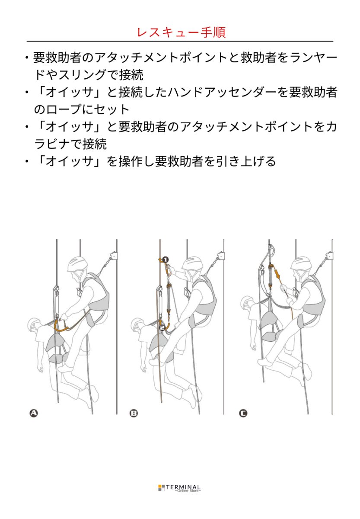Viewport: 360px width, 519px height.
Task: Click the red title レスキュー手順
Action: pos(181,32)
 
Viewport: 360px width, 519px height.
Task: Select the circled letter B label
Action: pos(134,413)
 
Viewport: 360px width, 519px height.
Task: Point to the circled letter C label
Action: pos(243,413)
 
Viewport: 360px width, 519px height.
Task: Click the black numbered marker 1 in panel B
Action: pos(166,259)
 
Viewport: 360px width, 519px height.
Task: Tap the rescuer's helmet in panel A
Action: pos(77,263)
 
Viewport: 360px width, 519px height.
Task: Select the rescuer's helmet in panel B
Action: pos(192,263)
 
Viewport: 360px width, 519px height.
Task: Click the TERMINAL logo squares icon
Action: pos(162,488)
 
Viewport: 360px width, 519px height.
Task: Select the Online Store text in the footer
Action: pos(188,491)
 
